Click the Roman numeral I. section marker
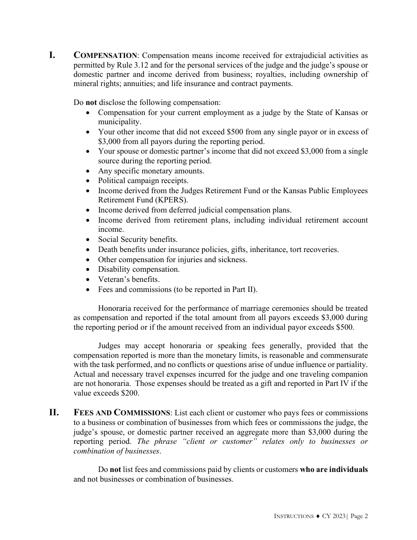(52, 55)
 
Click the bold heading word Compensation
(105, 55)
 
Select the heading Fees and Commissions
(122, 413)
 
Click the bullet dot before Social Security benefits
(89, 240)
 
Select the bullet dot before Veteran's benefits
(89, 279)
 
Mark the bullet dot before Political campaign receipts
(89, 181)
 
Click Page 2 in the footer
(359, 516)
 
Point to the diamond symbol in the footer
(317, 516)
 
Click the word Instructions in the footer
(294, 516)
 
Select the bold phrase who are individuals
(334, 470)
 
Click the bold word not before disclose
(91, 103)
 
